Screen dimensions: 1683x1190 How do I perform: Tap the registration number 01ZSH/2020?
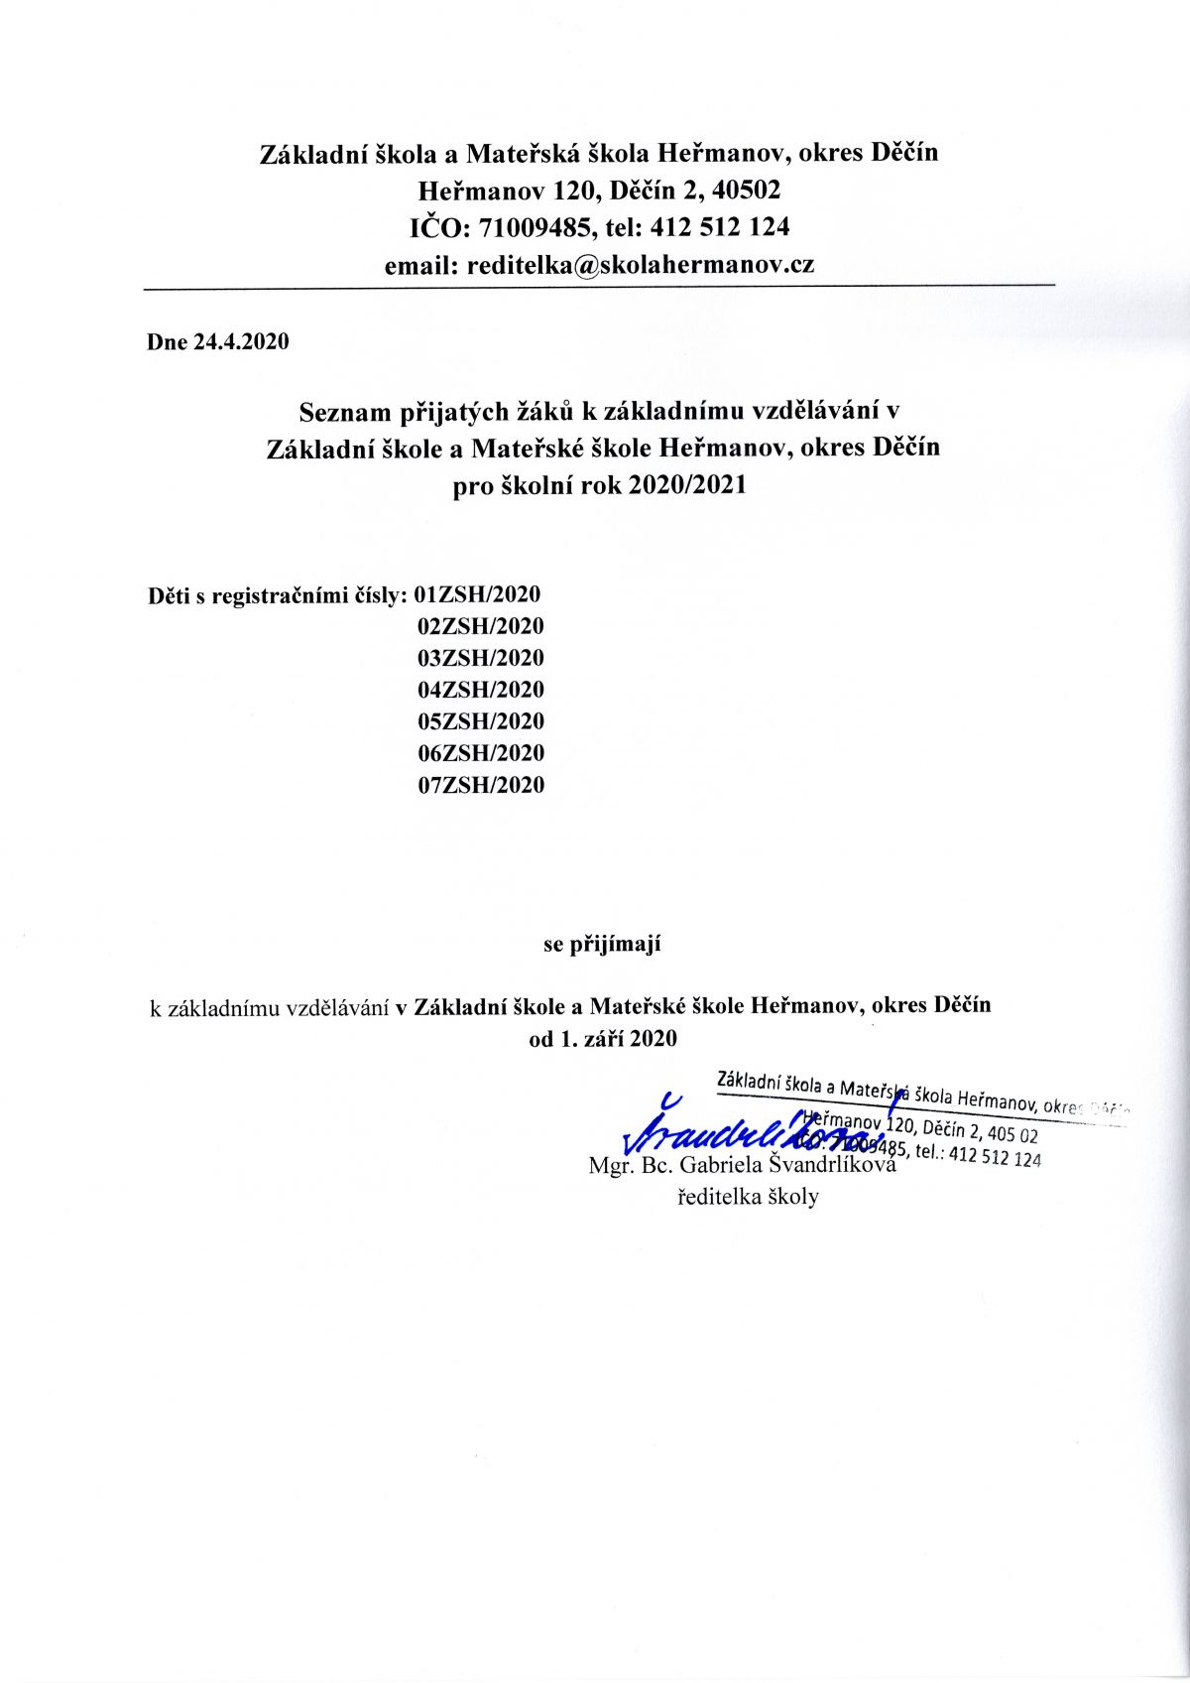coord(479,595)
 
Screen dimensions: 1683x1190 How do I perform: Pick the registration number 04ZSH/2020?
coord(481,690)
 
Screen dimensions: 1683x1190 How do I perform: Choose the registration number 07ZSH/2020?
coord(481,785)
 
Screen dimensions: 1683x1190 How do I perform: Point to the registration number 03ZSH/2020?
coord(481,658)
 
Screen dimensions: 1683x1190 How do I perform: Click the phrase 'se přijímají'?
coord(602,944)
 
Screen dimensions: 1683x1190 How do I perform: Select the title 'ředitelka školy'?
coord(748,1197)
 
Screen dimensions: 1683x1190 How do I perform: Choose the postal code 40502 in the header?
coord(741,190)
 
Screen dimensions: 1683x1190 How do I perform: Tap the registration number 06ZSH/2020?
coord(481,753)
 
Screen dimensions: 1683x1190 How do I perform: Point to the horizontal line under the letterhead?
coord(599,287)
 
